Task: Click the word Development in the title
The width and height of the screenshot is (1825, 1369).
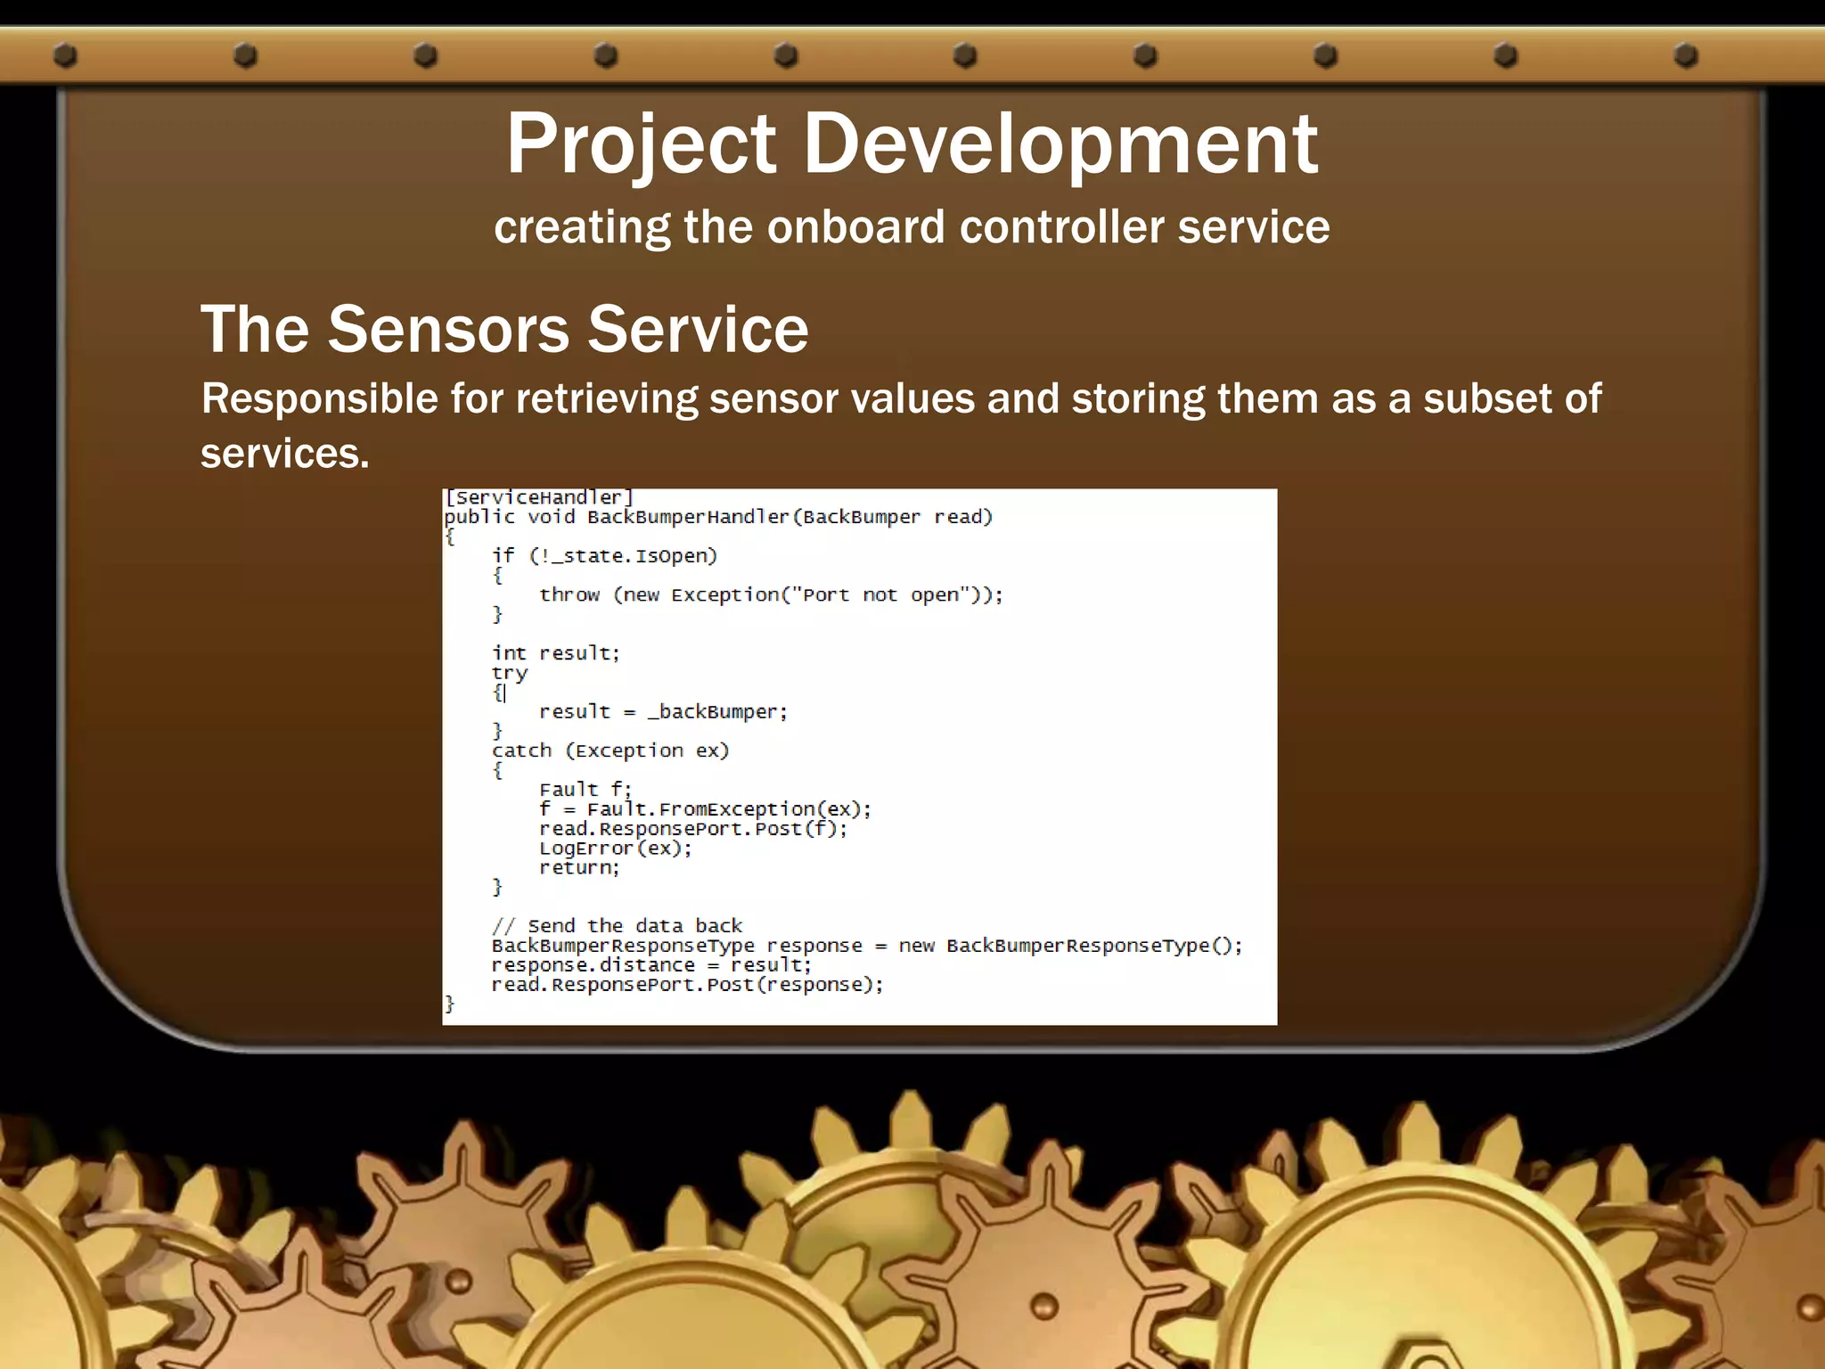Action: [1060, 144]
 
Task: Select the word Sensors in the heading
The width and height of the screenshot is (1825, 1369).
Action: [448, 329]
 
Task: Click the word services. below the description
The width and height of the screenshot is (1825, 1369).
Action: [284, 454]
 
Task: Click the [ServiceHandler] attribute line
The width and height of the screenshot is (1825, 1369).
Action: [538, 497]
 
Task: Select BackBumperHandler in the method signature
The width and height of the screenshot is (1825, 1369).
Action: [688, 517]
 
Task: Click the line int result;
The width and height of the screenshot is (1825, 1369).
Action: [555, 653]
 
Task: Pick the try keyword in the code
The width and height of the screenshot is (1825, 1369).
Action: [509, 673]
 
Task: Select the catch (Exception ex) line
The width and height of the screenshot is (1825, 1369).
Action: [610, 750]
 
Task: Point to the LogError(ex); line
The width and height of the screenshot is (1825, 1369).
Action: [615, 848]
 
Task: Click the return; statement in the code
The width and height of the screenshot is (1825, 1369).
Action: [579, 868]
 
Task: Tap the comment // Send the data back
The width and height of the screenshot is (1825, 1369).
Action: [617, 926]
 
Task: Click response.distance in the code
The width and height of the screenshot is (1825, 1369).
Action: [593, 965]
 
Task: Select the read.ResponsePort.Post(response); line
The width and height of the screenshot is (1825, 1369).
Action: [687, 985]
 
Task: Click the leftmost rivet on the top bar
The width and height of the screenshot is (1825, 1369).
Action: [65, 56]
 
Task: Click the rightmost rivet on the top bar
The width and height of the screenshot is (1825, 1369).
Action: [1686, 56]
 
